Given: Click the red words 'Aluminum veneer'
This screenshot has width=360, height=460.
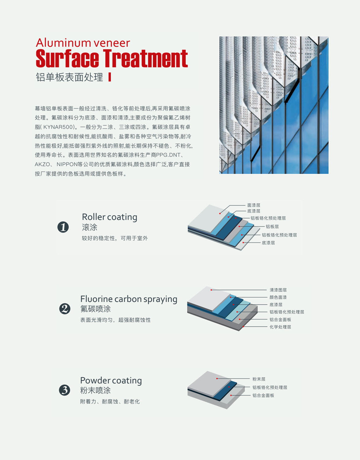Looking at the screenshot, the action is pyautogui.click(x=83, y=43).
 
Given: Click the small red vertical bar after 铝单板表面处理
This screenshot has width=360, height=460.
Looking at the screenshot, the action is pyautogui.click(x=109, y=77).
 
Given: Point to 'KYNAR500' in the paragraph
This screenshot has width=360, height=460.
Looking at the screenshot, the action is pyautogui.click(x=58, y=127).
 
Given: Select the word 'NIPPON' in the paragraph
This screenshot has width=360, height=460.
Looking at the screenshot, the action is pyautogui.click(x=67, y=164).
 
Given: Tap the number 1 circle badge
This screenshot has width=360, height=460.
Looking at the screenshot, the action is pyautogui.click(x=63, y=227).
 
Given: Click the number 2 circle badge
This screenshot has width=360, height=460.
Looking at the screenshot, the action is pyautogui.click(x=65, y=309).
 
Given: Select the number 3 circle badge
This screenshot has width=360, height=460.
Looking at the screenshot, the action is pyautogui.click(x=64, y=390).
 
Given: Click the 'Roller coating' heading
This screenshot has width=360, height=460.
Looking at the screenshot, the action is pyautogui.click(x=109, y=217).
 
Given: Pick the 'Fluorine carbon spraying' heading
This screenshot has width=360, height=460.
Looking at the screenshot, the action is pyautogui.click(x=129, y=299).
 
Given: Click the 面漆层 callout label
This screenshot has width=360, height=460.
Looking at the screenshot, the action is pyautogui.click(x=254, y=205).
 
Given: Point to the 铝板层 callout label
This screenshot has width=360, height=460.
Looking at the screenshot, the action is pyautogui.click(x=272, y=227).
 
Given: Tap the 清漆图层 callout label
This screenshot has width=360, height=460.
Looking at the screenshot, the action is pyautogui.click(x=278, y=290).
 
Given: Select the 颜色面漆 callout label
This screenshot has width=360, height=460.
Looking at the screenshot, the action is pyautogui.click(x=278, y=297).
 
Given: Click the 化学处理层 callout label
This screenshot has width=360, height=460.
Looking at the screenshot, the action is pyautogui.click(x=280, y=327).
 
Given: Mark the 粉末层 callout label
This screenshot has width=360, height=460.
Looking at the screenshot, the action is pyautogui.click(x=259, y=379).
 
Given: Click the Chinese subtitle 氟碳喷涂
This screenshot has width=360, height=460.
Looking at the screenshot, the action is pyautogui.click(x=96, y=309).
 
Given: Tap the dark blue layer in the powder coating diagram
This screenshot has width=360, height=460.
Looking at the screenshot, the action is pyautogui.click(x=225, y=391).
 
